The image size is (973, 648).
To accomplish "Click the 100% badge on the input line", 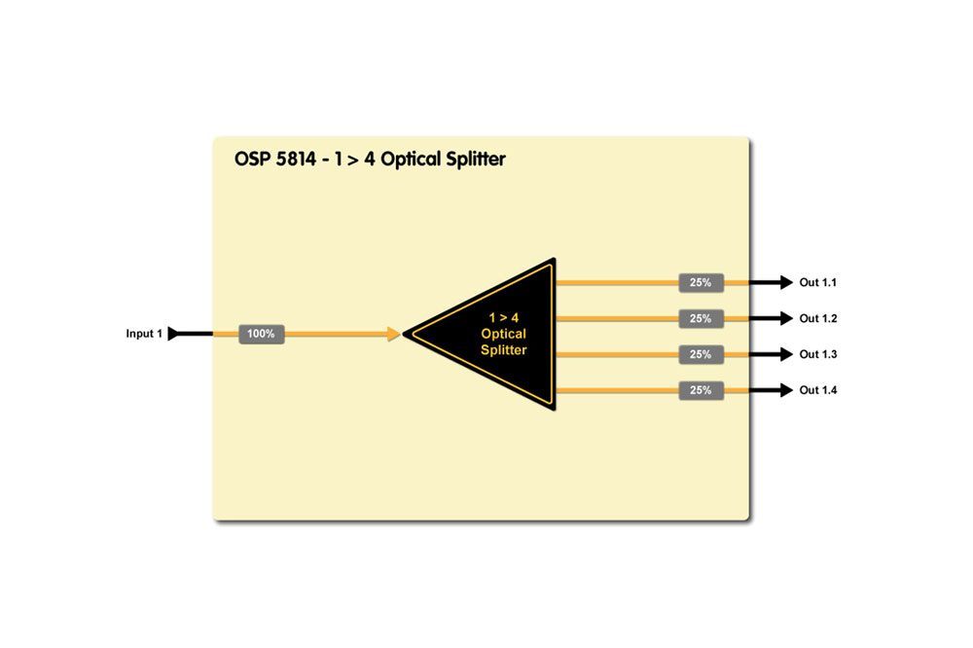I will click(x=261, y=334).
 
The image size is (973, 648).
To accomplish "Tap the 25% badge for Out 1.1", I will click(x=701, y=283).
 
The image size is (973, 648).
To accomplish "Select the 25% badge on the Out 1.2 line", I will click(x=701, y=318).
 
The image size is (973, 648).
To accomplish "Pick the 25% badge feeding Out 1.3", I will click(x=701, y=354).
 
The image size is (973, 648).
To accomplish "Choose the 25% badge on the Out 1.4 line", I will click(x=701, y=390).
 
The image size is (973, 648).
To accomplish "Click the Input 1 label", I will click(x=144, y=334).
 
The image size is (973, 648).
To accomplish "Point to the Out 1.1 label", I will click(x=818, y=283).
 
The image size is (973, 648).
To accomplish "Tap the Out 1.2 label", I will click(x=818, y=318).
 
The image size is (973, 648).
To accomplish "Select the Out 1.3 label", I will click(x=818, y=354).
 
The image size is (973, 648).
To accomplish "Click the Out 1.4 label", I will click(x=818, y=390).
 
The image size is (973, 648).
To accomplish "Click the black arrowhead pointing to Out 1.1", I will click(x=785, y=283).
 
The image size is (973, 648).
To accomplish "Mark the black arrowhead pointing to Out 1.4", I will click(x=785, y=390).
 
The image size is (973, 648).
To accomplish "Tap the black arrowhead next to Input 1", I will click(x=174, y=334).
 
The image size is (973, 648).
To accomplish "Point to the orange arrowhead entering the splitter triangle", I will click(x=393, y=334).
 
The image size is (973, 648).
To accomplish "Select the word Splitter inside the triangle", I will click(x=504, y=350).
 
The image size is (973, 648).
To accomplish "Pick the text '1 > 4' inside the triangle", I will click(x=504, y=317).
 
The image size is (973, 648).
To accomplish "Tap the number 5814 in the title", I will click(x=311, y=159).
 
